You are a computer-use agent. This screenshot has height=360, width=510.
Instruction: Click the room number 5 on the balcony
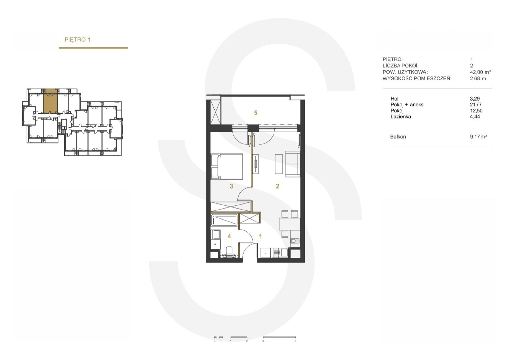click(256, 113)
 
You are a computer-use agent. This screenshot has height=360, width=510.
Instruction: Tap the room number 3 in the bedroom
click(231, 186)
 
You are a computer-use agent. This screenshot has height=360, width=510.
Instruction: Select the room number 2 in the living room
click(277, 186)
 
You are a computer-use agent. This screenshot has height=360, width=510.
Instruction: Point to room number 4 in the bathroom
click(229, 236)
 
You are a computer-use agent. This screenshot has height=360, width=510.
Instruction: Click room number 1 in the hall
click(260, 236)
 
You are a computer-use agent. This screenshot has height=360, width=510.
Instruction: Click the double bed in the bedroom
click(227, 167)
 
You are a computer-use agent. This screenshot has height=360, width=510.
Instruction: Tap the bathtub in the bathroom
click(224, 220)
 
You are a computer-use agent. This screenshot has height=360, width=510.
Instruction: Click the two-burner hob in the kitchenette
click(295, 241)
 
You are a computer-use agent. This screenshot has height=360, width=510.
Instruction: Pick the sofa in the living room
click(293, 164)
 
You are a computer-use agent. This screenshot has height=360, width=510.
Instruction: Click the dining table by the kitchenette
click(290, 224)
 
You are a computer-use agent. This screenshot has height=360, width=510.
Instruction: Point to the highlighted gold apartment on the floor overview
click(50, 101)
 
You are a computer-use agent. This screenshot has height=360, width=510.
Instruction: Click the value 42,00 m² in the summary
click(481, 72)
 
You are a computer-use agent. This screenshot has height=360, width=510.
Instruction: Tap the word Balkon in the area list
click(398, 137)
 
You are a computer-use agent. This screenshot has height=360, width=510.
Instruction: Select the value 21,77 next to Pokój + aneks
click(476, 105)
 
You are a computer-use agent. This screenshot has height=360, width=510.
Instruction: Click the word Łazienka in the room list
click(401, 117)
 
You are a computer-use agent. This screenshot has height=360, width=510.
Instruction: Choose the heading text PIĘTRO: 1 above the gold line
click(77, 40)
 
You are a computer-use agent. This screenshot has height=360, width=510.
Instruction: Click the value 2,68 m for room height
click(478, 78)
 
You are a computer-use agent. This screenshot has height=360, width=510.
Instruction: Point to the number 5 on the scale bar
click(295, 341)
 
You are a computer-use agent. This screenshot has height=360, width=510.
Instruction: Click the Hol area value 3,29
click(475, 99)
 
